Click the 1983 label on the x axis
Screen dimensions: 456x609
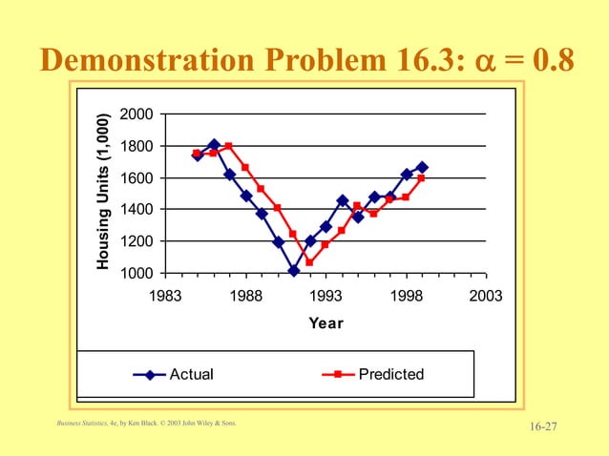click(x=163, y=297)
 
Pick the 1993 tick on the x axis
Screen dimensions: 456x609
click(x=325, y=297)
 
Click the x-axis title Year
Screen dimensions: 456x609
click(x=325, y=323)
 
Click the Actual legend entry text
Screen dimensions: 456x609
click(x=191, y=374)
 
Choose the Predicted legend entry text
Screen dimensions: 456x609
click(x=391, y=374)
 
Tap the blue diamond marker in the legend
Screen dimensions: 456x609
click(x=150, y=374)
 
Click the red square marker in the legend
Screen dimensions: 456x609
click(x=340, y=374)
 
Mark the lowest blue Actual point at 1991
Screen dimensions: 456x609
click(x=293, y=271)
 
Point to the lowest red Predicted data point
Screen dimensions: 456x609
click(x=309, y=262)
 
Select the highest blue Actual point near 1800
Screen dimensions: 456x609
click(x=213, y=145)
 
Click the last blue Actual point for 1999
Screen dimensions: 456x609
click(x=422, y=167)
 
